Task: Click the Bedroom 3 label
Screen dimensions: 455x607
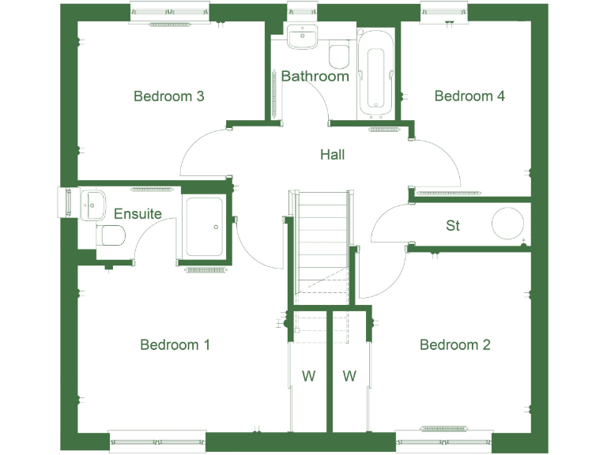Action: pyautogui.click(x=169, y=96)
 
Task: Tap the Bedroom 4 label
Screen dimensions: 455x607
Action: pyautogui.click(x=469, y=96)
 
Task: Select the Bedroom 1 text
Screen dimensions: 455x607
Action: pyautogui.click(x=175, y=344)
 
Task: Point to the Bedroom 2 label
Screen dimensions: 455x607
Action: pyautogui.click(x=454, y=344)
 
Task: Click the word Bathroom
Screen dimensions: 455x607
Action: pyautogui.click(x=315, y=77)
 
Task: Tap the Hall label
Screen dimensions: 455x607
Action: pyautogui.click(x=332, y=155)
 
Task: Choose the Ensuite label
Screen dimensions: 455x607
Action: pyautogui.click(x=138, y=213)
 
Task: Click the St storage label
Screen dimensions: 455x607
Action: pyautogui.click(x=452, y=226)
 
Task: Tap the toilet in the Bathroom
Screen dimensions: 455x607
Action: pyautogui.click(x=340, y=55)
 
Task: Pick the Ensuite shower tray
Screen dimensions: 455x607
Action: pyautogui.click(x=204, y=227)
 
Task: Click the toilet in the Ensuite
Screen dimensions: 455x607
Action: pyautogui.click(x=111, y=235)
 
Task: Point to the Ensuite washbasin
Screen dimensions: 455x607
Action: pyautogui.click(x=93, y=203)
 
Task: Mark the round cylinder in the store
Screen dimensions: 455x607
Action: pyautogui.click(x=509, y=223)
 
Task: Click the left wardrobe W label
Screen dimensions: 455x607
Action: pyautogui.click(x=308, y=377)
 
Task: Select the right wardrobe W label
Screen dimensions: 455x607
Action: pyautogui.click(x=349, y=377)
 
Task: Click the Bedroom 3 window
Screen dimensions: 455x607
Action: pyautogui.click(x=169, y=12)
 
